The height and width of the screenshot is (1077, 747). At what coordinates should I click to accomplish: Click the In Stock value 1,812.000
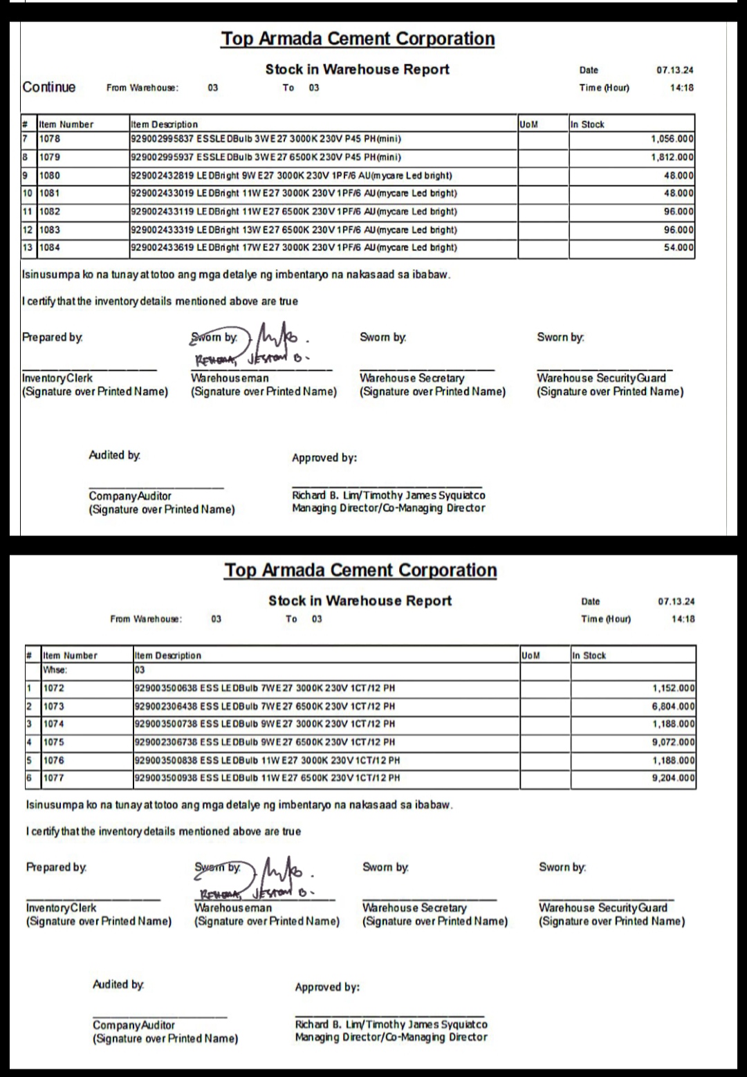coord(672,157)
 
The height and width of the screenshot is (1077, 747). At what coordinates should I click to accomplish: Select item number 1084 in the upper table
coord(49,248)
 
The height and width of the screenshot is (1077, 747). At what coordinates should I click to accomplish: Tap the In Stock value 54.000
coord(679,248)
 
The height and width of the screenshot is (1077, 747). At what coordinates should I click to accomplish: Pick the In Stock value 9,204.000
coord(673,778)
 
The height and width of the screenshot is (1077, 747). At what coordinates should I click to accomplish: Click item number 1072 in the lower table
coord(53,688)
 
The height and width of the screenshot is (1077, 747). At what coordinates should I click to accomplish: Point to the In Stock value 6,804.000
coord(673,706)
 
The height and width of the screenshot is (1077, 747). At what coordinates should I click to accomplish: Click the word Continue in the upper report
coord(49,87)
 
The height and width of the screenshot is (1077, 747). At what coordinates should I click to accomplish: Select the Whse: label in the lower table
coord(55,670)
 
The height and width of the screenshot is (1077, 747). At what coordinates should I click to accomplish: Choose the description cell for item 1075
coord(264,742)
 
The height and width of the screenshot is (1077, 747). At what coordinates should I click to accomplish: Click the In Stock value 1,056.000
coord(672,139)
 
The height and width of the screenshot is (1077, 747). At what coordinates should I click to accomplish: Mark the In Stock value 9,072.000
coord(673,742)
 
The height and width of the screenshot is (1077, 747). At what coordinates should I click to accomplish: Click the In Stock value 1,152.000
coord(673,688)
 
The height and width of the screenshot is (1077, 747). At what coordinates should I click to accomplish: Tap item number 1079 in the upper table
coord(49,157)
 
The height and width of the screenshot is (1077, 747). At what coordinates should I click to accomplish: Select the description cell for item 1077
coord(266,778)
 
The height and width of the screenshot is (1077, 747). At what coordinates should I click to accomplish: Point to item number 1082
coord(49,212)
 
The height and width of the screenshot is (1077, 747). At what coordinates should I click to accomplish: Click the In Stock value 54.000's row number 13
coord(28,248)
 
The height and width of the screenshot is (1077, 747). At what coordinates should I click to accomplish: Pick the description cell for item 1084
coord(294,248)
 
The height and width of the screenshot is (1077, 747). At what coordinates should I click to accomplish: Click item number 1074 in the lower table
coord(53,724)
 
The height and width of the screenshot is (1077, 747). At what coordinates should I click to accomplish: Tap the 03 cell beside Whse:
coord(140,670)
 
